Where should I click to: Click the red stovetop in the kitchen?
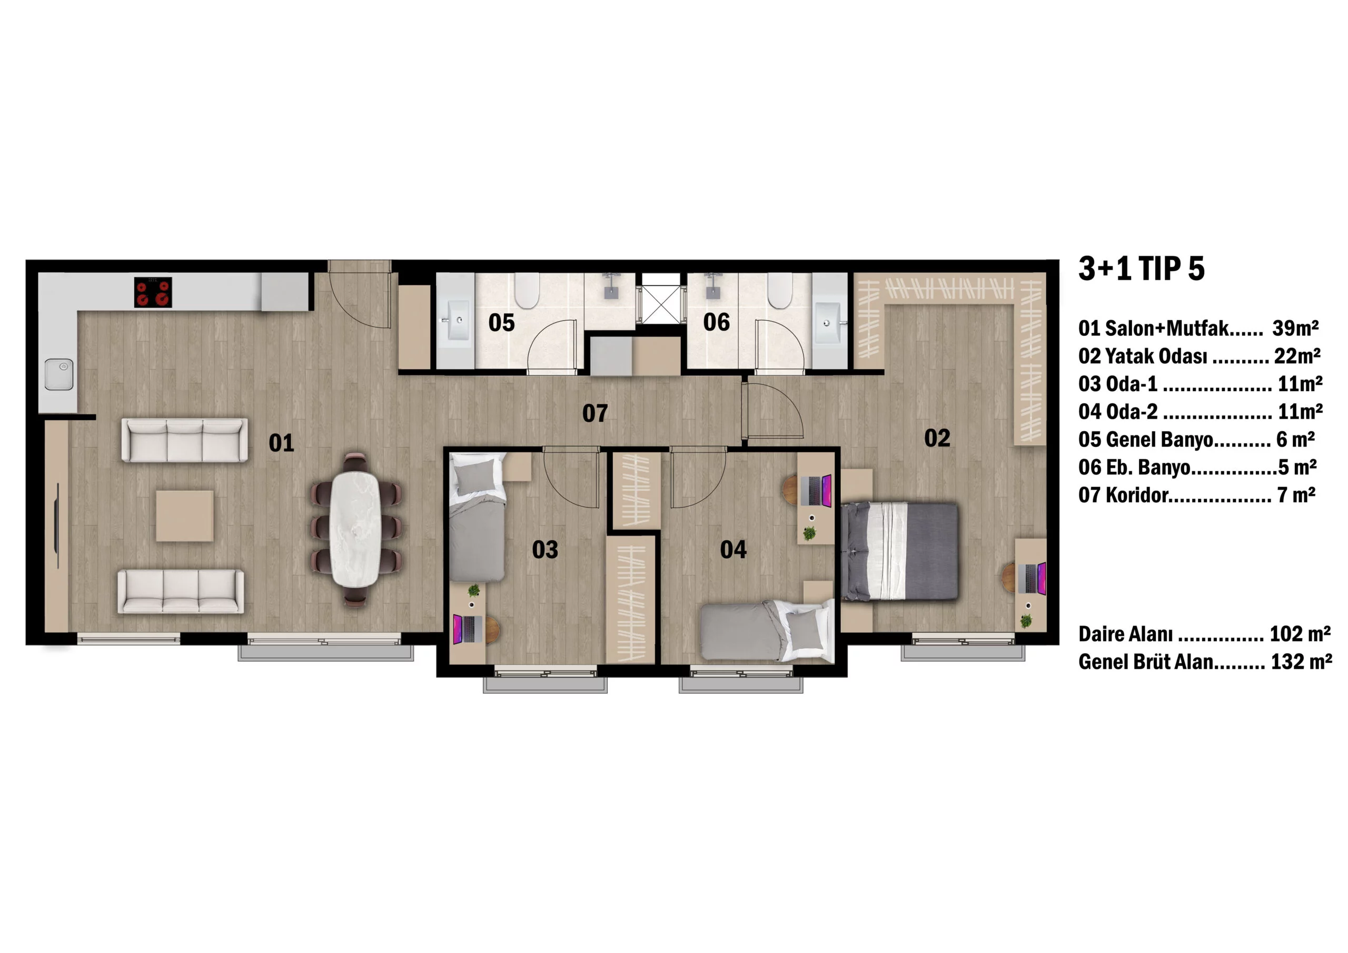[153, 292]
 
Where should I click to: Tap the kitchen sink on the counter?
[60, 374]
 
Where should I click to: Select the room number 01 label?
[281, 443]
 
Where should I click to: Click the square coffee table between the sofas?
[184, 515]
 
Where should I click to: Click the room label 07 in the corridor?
[594, 413]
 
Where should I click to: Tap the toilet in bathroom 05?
[526, 290]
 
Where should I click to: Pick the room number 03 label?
[545, 550]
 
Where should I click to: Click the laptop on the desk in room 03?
[468, 628]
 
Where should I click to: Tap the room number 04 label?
[734, 550]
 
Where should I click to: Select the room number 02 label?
[937, 438]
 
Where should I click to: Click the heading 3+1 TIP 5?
[1142, 269]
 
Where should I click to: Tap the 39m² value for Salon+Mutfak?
[1295, 327]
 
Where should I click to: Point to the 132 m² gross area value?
[1301, 662]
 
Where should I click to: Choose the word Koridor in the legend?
[1137, 495]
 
